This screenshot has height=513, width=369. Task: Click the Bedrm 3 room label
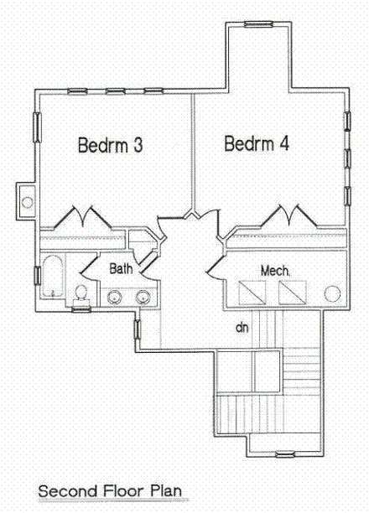click(x=110, y=145)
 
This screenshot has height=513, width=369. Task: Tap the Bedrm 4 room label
click(x=257, y=143)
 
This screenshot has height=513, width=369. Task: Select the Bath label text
click(x=122, y=269)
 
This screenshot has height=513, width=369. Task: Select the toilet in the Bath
click(x=82, y=293)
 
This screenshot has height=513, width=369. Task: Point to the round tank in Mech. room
click(x=333, y=294)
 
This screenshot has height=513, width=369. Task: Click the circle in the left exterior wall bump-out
click(x=27, y=202)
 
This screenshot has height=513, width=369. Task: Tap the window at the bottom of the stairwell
click(x=286, y=454)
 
